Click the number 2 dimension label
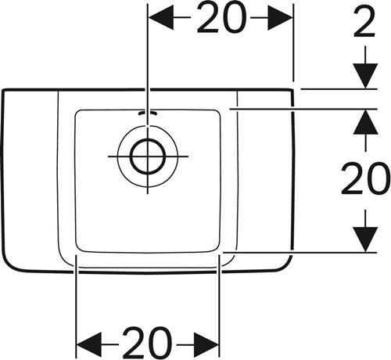[364, 21]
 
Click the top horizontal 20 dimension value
[221, 18]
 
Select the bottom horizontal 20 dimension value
[148, 343]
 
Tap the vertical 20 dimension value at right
[365, 178]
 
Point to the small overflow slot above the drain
[148, 113]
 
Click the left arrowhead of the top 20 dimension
[161, 18]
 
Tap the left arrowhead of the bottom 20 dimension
[89, 345]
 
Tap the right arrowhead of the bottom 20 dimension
[206, 345]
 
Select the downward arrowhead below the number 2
[365, 76]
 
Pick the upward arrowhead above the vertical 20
[365, 122]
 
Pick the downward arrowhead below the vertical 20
[365, 239]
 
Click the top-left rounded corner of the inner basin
[77, 113]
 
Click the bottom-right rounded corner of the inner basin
[216, 250]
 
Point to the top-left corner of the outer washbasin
[3, 91]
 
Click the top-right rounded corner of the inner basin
[217, 112]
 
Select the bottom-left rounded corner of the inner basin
[78, 249]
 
